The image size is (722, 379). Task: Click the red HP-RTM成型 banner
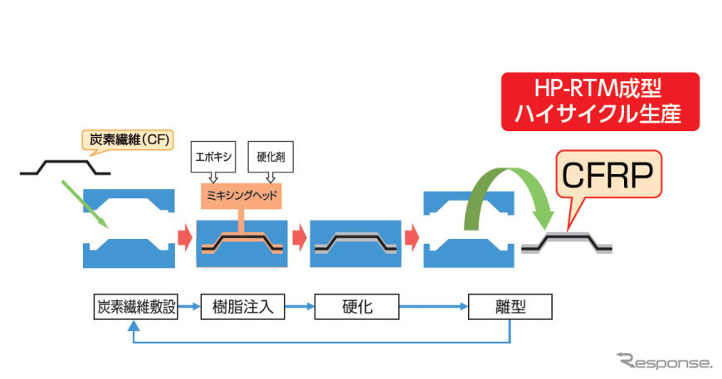click(x=599, y=102)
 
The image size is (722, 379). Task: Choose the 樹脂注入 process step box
click(x=237, y=307)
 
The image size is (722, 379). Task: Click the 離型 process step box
click(x=509, y=307)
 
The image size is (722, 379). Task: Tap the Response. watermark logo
click(x=664, y=362)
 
